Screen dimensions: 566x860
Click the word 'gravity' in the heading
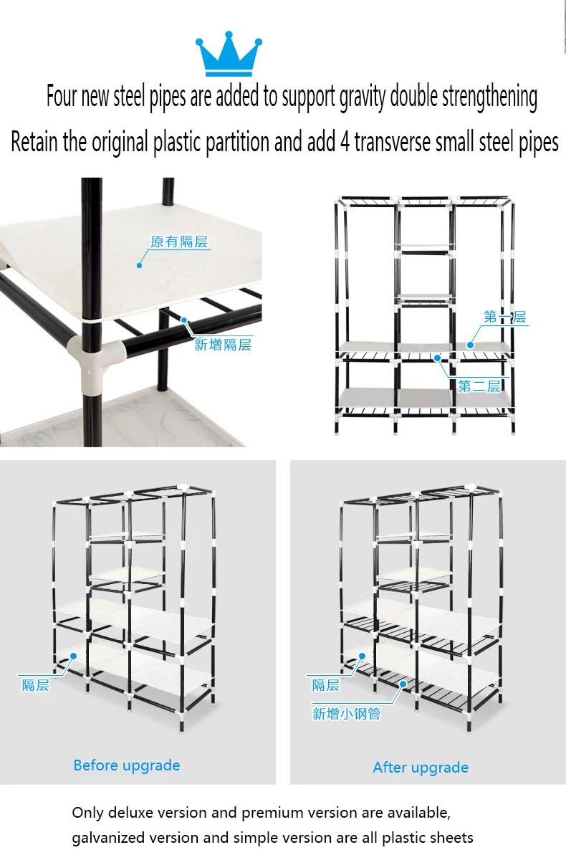[x=363, y=97]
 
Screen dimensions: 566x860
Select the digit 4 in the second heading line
[x=345, y=142]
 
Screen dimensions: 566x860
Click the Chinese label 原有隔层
[x=179, y=242]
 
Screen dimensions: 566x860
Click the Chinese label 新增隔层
[x=223, y=345]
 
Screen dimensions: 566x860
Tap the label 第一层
[x=504, y=317]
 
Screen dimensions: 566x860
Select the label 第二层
[x=479, y=386]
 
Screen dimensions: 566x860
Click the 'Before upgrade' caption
[x=127, y=765]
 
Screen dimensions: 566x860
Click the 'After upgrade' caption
[x=421, y=767]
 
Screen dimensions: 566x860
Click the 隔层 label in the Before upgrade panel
[x=36, y=685]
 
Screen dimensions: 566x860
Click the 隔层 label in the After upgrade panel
[x=326, y=685]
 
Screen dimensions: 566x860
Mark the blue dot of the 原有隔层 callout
[x=139, y=265]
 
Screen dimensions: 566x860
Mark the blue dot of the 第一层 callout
[x=470, y=345]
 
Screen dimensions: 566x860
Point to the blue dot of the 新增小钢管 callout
[x=403, y=684]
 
